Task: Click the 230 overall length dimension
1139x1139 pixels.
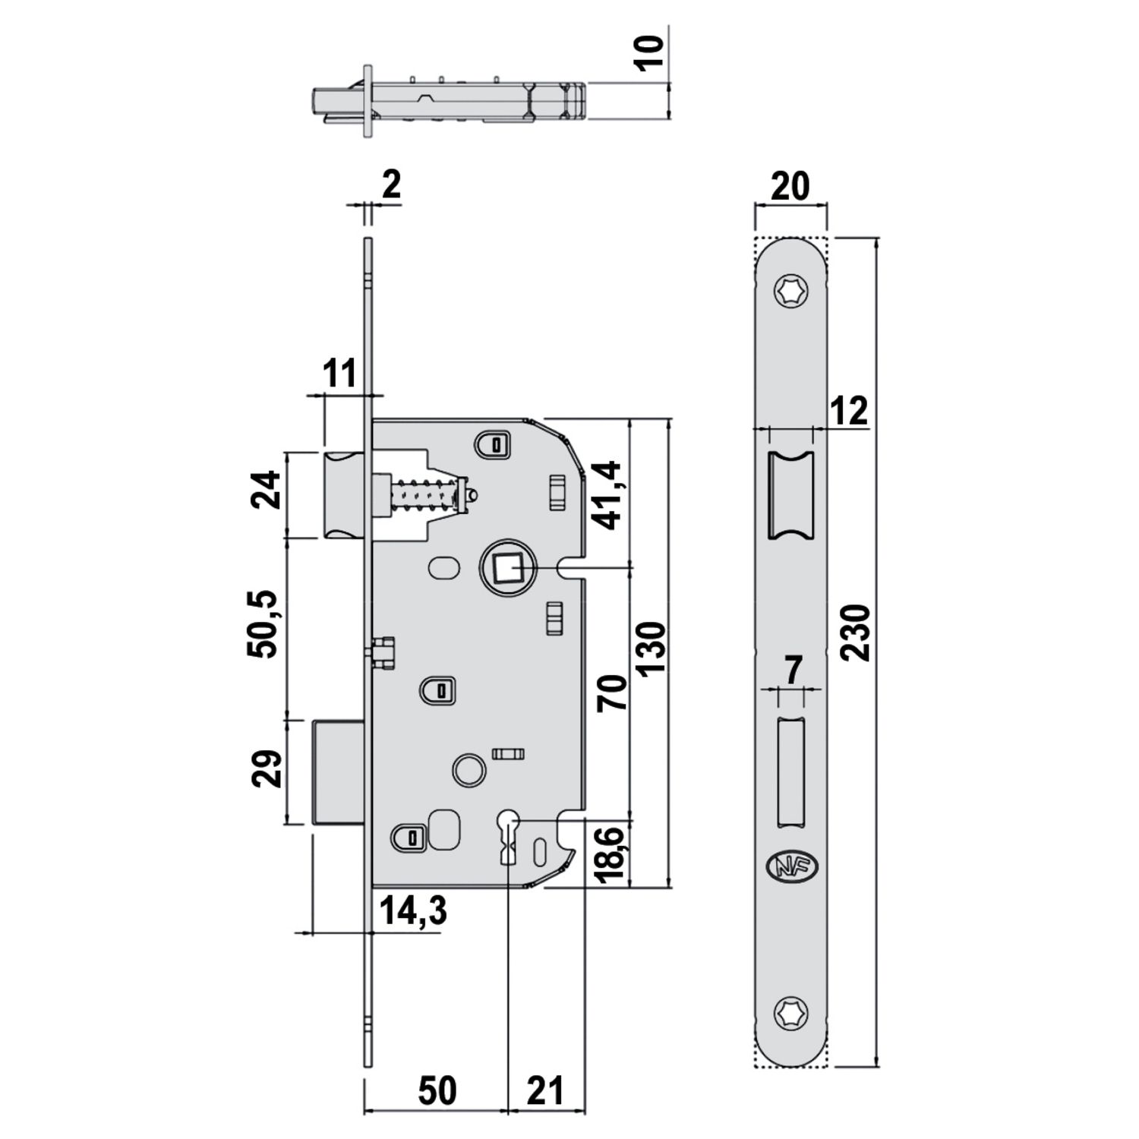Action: pyautogui.click(x=858, y=633)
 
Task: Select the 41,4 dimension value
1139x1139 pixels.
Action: pyautogui.click(x=609, y=495)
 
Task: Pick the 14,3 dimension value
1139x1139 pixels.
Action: pyautogui.click(x=412, y=910)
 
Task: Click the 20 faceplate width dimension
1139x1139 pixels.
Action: pyautogui.click(x=790, y=186)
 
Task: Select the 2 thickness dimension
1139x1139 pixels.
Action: pyautogui.click(x=390, y=185)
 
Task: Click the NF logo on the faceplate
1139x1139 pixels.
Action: pyautogui.click(x=790, y=866)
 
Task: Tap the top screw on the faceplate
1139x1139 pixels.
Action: pyautogui.click(x=790, y=291)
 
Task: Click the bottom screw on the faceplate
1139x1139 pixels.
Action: pyautogui.click(x=790, y=1012)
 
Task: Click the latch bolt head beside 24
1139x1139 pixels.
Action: pyautogui.click(x=346, y=495)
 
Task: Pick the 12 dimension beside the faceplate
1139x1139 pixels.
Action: pyautogui.click(x=849, y=412)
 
